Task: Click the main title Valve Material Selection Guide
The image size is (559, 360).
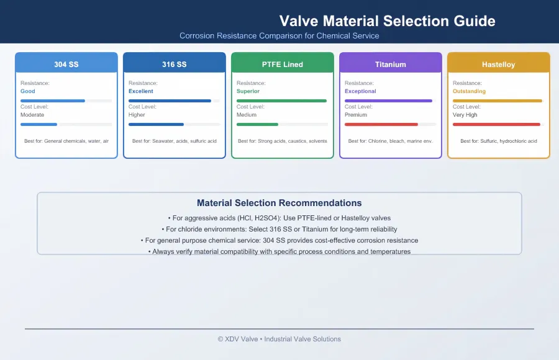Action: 387,21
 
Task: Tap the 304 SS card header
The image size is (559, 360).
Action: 66,63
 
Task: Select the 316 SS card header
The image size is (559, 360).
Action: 175,63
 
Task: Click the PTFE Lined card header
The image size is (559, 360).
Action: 283,63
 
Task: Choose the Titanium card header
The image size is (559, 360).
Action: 391,63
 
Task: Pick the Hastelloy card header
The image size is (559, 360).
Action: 498,63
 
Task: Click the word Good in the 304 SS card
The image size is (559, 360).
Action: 28,91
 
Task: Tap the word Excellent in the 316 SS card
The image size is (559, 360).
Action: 141,91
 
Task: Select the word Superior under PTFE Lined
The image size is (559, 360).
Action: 248,91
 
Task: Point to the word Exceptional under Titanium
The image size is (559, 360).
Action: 360,91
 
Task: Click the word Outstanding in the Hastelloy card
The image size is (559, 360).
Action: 469,91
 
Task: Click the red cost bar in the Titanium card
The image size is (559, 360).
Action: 381,124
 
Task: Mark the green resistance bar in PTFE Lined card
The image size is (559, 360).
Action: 281,101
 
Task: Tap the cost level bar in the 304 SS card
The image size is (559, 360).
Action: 39,124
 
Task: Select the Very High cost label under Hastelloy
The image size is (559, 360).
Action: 465,115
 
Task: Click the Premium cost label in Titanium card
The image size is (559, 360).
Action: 356,115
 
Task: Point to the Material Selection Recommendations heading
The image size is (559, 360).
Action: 279,203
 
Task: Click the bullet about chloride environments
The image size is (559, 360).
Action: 279,229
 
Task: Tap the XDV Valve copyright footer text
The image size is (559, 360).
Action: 279,339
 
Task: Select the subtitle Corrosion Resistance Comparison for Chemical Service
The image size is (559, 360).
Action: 279,35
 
